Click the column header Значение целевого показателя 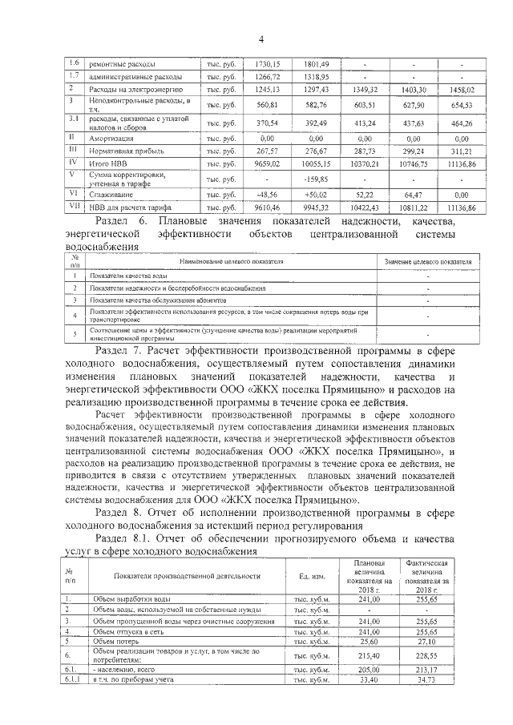coord(428,262)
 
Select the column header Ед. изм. coord(310,577)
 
